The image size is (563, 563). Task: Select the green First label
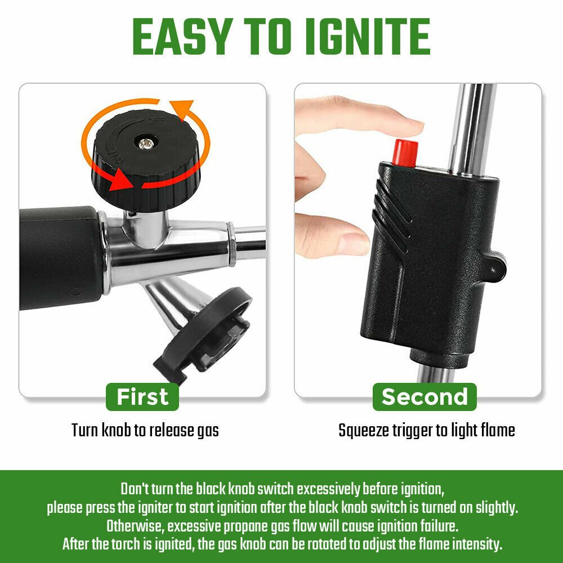142,397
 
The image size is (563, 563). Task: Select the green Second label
425,397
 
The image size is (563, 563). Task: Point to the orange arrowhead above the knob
184,109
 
